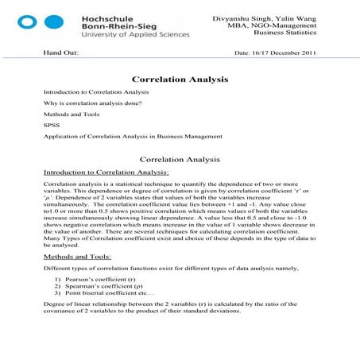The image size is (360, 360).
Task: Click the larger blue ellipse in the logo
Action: [x=75, y=23]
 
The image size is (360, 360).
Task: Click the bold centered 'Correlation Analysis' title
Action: [x=180, y=79]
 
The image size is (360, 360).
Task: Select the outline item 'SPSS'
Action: [x=50, y=125]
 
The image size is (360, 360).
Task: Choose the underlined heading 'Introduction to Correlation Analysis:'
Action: [x=106, y=171]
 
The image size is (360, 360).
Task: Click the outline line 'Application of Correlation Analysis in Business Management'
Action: [x=133, y=136]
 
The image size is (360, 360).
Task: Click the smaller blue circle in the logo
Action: [x=53, y=23]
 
